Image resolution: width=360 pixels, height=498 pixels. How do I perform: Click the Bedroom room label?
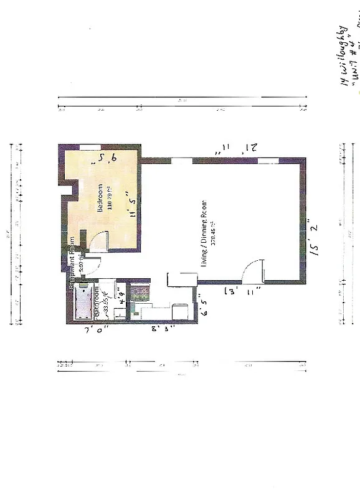(x=99, y=199)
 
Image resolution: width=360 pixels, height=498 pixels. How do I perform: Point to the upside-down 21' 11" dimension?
(x=235, y=149)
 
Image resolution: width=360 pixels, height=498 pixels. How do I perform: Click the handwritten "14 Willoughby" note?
(x=344, y=49)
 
